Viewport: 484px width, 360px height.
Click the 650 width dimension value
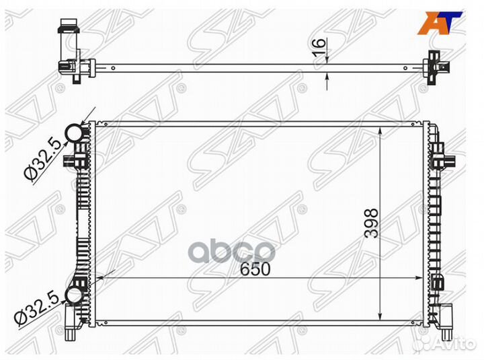(255, 269)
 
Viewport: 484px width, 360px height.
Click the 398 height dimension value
(371, 223)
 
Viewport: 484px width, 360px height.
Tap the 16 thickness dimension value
(319, 47)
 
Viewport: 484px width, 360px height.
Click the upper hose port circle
(73, 133)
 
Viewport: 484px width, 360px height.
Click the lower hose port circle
(74, 295)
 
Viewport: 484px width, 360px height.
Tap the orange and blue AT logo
(440, 23)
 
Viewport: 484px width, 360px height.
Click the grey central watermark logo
(231, 251)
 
